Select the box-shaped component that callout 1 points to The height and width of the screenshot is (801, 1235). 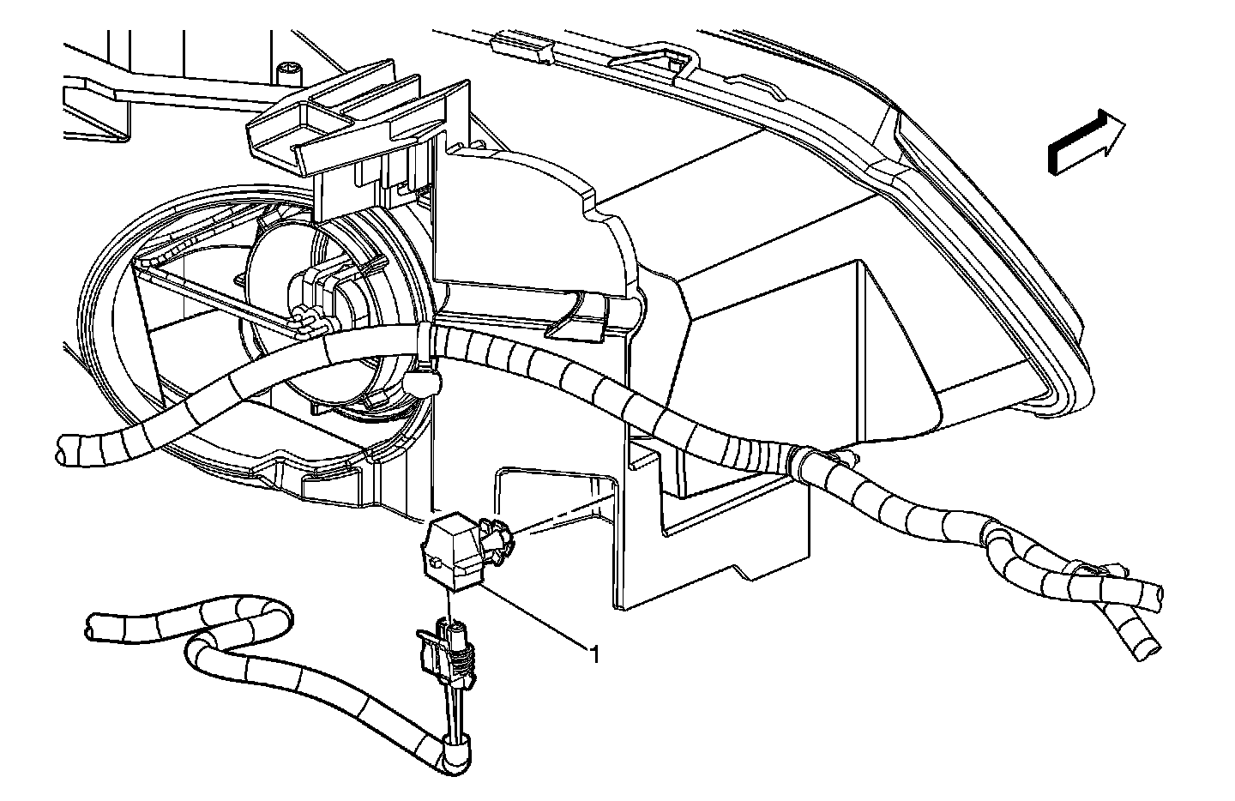452,554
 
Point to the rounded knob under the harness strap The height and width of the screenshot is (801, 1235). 422,383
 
